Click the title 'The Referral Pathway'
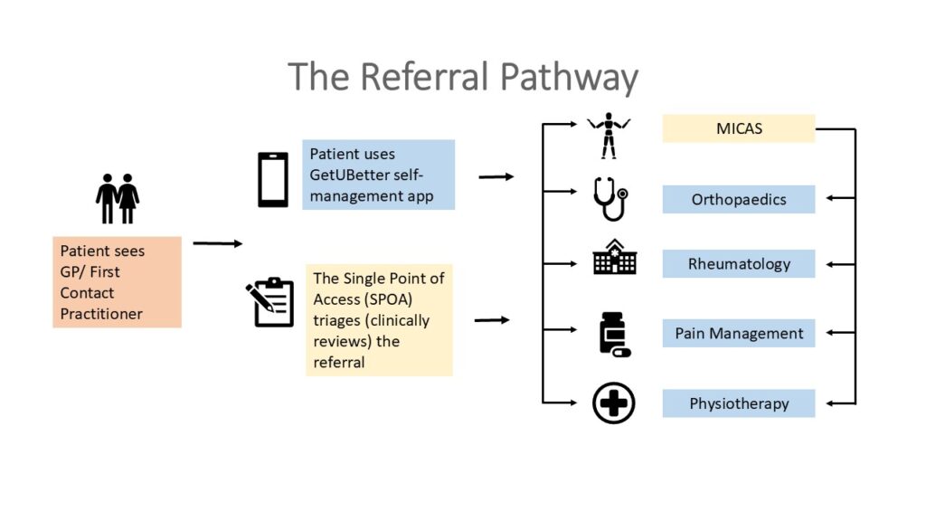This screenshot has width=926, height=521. coord(462,78)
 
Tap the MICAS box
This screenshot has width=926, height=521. coord(738,128)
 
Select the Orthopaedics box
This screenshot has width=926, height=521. coord(738,199)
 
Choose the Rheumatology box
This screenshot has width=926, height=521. coord(738,264)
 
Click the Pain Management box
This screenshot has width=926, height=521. coord(738,333)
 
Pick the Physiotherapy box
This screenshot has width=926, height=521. coord(738,403)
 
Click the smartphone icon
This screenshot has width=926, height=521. coord(273,179)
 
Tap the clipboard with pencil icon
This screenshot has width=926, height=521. coord(270,302)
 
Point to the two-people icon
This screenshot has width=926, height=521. coord(118,198)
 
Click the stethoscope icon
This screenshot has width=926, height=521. coord(610,198)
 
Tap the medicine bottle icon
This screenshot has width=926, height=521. coord(613,334)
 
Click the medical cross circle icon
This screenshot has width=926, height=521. coord(613,403)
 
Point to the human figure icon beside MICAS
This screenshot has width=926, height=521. coord(608,135)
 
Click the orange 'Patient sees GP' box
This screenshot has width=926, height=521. coord(117,282)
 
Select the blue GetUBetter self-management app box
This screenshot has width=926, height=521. coord(378,175)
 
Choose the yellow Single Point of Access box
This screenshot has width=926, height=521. coord(379,320)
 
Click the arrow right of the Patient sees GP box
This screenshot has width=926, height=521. coord(217,243)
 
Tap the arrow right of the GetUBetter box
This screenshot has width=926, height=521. coord(496,176)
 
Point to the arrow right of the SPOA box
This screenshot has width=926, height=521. coord(492,319)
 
